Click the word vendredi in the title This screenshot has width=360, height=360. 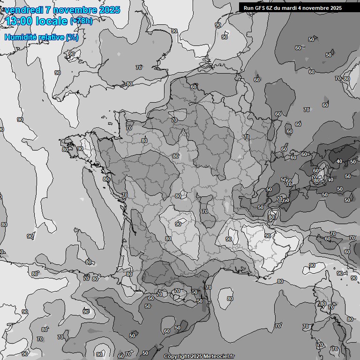point(21,10)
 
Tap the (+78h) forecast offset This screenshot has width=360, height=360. point(82,21)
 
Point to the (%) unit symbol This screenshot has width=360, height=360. point(72,37)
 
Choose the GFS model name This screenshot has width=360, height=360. point(262,8)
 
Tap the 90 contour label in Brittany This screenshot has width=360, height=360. point(80,149)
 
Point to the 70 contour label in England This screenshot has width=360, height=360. point(139,67)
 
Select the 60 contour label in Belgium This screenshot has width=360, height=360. point(194,87)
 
